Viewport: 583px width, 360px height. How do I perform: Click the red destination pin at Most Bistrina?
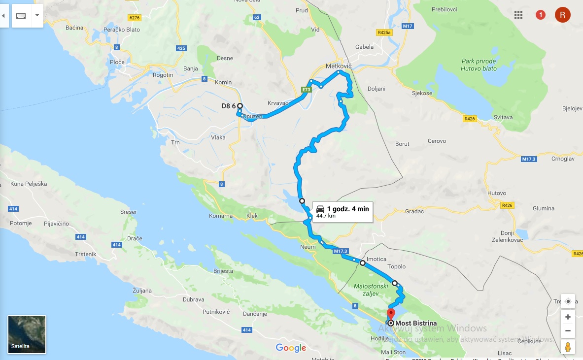[391, 313]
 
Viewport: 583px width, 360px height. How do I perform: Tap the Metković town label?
[340, 65]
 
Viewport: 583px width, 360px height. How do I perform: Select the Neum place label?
[308, 246]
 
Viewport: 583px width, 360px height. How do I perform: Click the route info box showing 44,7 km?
[343, 212]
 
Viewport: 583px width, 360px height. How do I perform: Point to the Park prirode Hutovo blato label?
[479, 65]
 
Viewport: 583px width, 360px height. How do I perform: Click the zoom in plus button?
[568, 317]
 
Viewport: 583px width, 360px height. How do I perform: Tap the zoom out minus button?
[568, 330]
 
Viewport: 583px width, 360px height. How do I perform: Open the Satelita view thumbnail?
[27, 334]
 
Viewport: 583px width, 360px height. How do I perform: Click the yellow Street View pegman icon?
[568, 346]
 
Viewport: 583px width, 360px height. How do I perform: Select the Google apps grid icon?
[518, 15]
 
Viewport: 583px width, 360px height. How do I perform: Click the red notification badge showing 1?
[541, 15]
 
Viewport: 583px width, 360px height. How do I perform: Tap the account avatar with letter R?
[562, 15]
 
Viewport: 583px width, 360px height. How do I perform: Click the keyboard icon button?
[21, 16]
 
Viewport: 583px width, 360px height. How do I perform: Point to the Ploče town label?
[117, 62]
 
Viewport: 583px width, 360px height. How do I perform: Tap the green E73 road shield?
[307, 90]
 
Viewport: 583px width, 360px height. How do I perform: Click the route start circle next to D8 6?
[240, 106]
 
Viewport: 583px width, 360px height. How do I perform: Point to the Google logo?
[291, 348]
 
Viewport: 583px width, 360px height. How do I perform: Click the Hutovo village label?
[496, 193]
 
